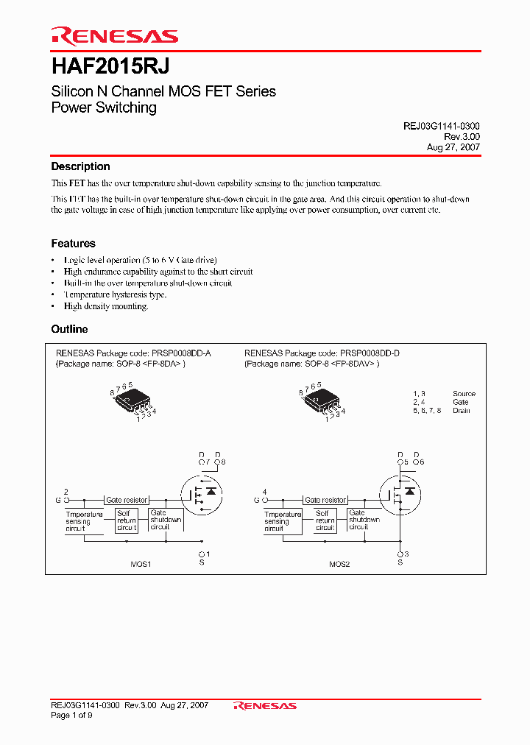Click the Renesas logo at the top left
114,36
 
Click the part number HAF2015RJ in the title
110,66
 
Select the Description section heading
80,166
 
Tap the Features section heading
73,243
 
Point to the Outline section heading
69,329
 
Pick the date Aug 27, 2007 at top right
453,147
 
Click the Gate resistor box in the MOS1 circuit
127,500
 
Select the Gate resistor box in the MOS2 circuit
325,500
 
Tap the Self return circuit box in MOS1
127,520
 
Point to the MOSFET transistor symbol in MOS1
202,492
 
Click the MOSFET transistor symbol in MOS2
400,492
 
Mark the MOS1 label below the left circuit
141,563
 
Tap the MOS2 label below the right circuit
339,563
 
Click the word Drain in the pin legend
462,410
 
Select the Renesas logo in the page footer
265,705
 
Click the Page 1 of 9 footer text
72,716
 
